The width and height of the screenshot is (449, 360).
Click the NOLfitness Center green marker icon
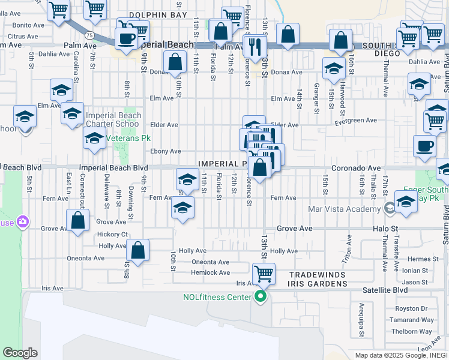click(261, 296)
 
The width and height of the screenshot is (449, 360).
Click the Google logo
click(20, 353)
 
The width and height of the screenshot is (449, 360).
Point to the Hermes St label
click(426, 259)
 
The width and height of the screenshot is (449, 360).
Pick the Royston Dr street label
click(419, 309)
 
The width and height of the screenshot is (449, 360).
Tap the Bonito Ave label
click(28, 25)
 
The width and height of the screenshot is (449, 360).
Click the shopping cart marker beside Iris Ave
click(264, 274)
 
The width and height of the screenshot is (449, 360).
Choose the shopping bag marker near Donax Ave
click(175, 61)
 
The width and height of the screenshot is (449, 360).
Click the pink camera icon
click(23, 222)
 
